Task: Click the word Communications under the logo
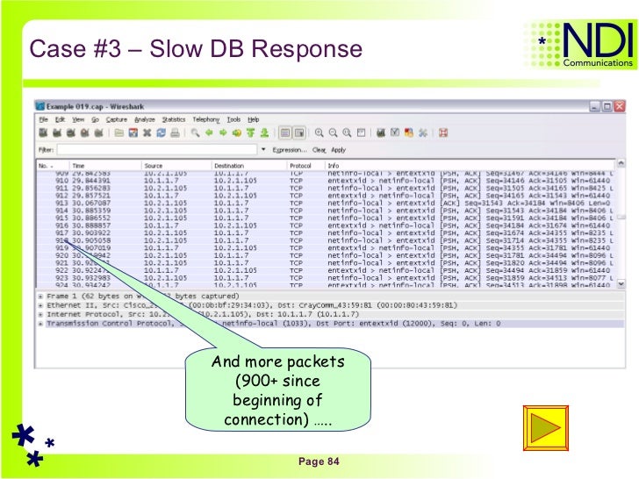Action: [x=598, y=63]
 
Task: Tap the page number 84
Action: [x=319, y=462]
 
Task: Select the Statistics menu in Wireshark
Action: [x=173, y=119]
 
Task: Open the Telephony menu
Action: [x=206, y=119]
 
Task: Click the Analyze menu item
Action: [x=145, y=119]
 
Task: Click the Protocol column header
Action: [x=300, y=165]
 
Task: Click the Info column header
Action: [x=333, y=165]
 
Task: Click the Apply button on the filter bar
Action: [x=338, y=150]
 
